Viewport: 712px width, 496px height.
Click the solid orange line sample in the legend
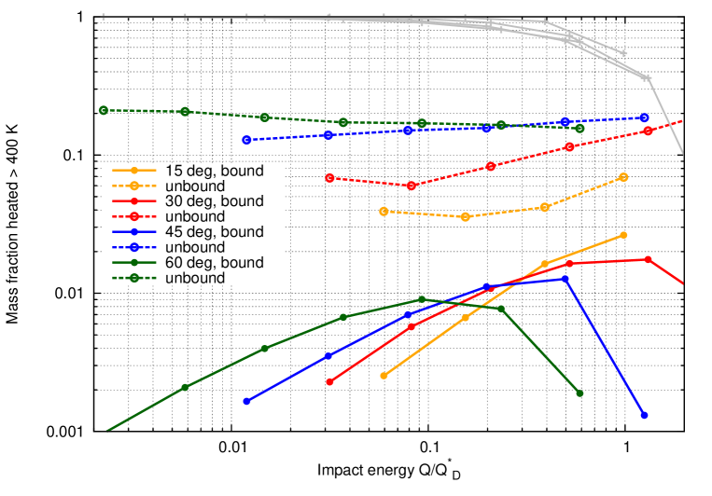[134, 171]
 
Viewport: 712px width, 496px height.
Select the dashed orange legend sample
[134, 186]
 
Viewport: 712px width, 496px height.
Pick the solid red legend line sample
[134, 200]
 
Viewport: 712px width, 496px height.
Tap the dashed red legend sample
[134, 216]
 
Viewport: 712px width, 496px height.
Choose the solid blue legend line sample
[134, 231]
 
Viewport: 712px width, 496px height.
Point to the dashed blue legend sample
[134, 247]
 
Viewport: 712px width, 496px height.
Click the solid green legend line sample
[134, 262]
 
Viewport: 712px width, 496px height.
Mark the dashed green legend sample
[134, 278]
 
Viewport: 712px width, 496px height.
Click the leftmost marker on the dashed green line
[104, 110]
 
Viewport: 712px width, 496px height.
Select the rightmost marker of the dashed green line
[579, 128]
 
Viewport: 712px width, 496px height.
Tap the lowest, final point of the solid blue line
[644, 415]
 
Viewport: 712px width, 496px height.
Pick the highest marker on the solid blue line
[565, 278]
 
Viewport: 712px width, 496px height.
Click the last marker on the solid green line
[579, 393]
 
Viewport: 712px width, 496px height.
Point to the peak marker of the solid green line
[422, 299]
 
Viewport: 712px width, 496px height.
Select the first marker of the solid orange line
[384, 376]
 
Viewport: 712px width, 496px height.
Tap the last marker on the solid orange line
[623, 235]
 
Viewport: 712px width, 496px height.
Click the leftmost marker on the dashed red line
[329, 177]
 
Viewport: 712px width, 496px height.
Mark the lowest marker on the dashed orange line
[466, 216]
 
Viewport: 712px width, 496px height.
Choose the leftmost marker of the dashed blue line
[246, 140]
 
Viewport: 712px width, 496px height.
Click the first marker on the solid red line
[329, 381]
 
